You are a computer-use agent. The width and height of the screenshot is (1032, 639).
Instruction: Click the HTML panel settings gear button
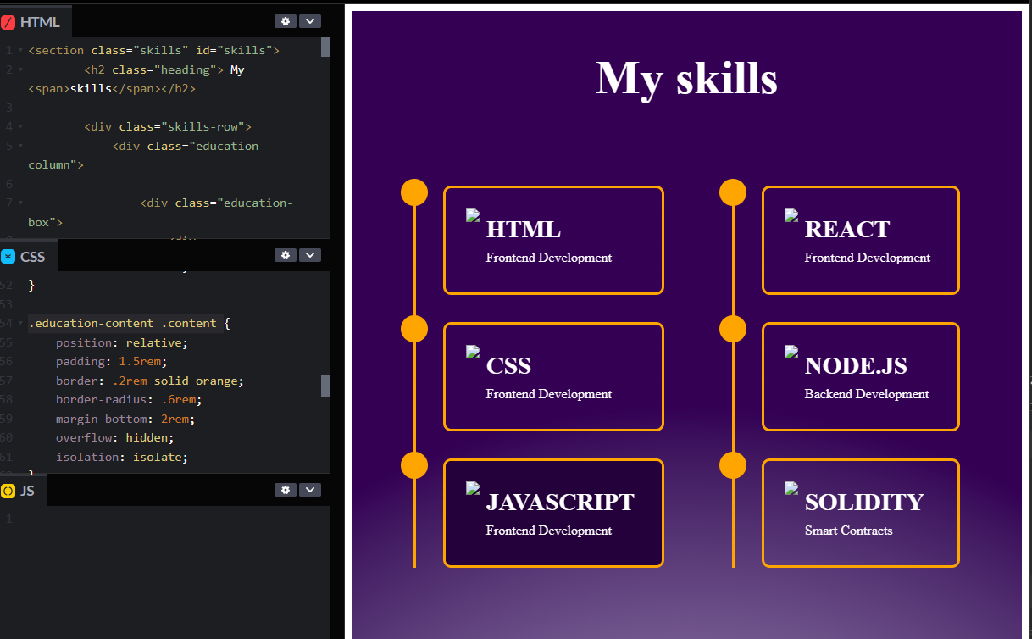coord(286,21)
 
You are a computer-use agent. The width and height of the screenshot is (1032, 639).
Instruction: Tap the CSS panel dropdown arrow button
coord(310,255)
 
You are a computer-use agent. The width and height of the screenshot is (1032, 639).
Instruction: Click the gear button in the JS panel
coord(286,490)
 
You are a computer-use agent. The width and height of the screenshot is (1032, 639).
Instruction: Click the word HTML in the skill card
coord(523,230)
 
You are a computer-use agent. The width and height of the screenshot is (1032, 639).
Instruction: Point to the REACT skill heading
coord(846,230)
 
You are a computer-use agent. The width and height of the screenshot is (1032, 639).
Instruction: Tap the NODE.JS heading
coord(856,366)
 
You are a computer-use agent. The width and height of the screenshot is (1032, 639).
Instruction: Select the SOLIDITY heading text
coord(863,503)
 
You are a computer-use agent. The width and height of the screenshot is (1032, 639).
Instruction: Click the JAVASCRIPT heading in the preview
coord(559,503)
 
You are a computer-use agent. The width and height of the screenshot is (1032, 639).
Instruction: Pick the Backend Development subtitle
coord(867,394)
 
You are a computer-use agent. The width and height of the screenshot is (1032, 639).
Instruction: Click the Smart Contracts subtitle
coord(848,531)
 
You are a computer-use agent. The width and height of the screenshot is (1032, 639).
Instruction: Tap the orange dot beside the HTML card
coord(414,192)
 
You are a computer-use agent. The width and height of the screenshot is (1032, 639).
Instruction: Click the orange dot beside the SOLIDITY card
coord(733,465)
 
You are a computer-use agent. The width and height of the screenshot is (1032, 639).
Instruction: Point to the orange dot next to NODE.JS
coord(733,329)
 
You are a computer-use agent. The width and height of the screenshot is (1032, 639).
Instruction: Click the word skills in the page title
coord(727,78)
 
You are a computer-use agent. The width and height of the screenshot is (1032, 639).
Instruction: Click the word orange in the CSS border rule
coord(219,381)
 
